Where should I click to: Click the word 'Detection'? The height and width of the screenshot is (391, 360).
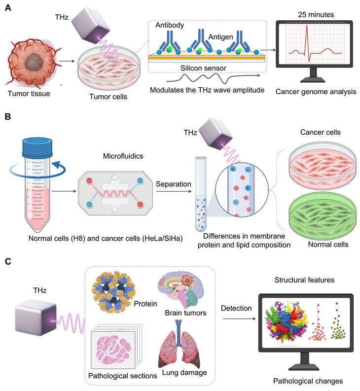[236, 308]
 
